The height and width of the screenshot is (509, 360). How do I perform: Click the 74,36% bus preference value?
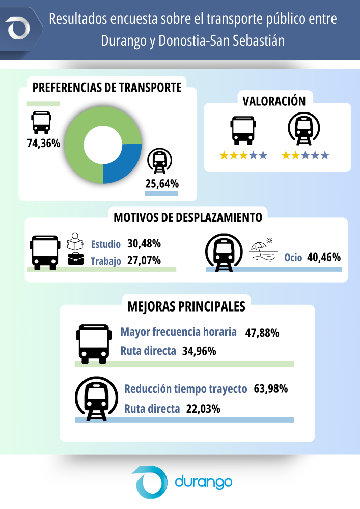point(43,144)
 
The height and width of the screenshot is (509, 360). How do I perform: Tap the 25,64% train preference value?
point(161,183)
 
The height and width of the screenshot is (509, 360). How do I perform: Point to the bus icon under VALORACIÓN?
point(243,130)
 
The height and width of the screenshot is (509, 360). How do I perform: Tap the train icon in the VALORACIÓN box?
point(304,129)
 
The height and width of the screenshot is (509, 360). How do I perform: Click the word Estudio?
point(106,244)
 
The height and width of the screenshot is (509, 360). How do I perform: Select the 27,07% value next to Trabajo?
point(144,261)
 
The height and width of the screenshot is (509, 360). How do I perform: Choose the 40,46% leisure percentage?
point(324,257)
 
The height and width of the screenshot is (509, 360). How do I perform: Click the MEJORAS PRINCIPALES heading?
point(186,306)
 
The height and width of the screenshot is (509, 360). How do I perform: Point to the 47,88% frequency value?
point(262,333)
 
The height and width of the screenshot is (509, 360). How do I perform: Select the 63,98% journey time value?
point(271,389)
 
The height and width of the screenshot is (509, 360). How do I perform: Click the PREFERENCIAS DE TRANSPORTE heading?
point(107,88)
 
